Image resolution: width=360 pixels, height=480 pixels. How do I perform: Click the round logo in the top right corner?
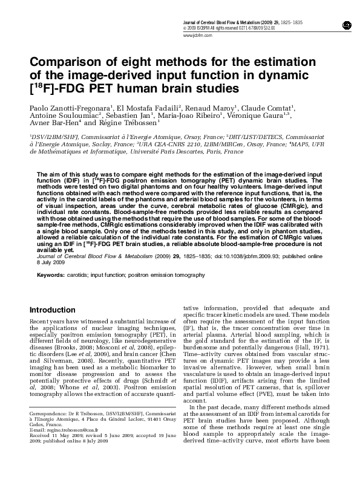[x=346, y=24]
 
